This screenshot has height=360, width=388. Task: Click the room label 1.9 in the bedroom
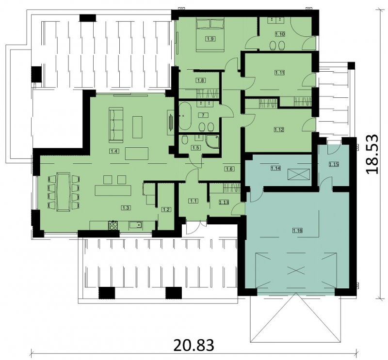[210, 39]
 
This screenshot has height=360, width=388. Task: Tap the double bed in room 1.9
[210, 34]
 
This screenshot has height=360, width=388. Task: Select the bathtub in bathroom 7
[185, 116]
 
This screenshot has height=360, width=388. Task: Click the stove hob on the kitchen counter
[113, 225]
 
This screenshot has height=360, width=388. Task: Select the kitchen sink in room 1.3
[135, 225]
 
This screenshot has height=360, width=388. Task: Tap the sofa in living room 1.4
[116, 125]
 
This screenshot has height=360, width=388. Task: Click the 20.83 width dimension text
[194, 345]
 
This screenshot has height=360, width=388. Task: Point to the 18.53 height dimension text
[372, 154]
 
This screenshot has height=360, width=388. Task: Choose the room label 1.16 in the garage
[297, 231]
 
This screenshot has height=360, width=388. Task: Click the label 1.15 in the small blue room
[334, 164]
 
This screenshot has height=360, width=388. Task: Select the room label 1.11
[280, 73]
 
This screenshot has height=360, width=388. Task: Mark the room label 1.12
[279, 129]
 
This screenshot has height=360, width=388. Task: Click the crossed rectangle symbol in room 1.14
[299, 174]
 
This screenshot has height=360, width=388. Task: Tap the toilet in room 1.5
[185, 141]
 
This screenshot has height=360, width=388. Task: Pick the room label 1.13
[224, 202]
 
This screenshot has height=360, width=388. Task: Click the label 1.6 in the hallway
[229, 169]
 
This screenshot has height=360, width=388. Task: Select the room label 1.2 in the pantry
[166, 210]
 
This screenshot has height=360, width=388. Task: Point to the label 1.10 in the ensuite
[280, 34]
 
